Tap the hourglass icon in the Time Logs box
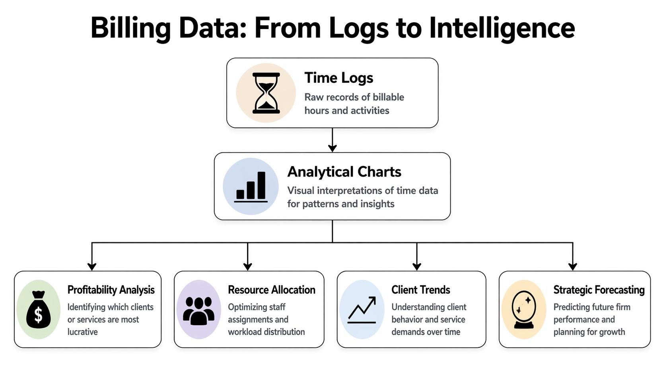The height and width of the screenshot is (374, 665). point(266,93)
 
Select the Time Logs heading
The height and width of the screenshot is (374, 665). point(338,78)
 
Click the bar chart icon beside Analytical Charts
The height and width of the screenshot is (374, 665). point(251,186)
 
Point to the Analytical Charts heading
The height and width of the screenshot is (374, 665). point(344,172)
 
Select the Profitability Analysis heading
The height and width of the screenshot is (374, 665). point(111,290)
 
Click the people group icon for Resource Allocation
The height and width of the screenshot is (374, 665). point(198,310)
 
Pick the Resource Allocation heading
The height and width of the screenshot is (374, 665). point(271,290)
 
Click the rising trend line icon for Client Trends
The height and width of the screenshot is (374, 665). point(362,310)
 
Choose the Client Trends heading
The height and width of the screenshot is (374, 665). point(420,290)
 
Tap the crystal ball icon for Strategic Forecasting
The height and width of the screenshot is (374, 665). point(524,310)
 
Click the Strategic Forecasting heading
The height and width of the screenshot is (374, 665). point(599,290)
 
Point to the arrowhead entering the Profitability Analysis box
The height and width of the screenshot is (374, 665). point(92,267)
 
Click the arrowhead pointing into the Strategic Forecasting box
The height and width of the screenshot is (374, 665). point(573,267)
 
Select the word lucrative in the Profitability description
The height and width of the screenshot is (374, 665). point(82,332)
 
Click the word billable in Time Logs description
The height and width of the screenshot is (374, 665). point(388,97)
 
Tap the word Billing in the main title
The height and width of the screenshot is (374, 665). point(130,28)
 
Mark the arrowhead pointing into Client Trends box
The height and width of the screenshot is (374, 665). point(417,267)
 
